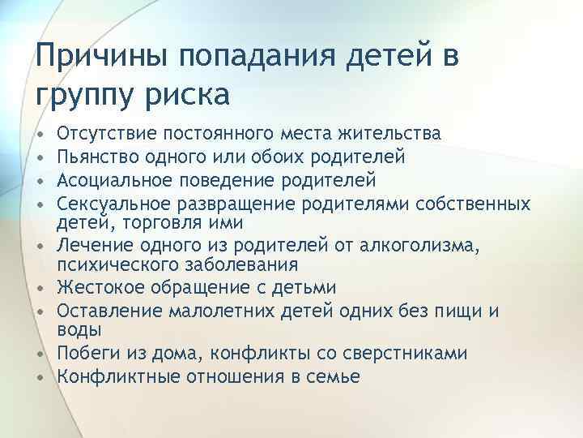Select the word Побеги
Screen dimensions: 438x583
coord(87,354)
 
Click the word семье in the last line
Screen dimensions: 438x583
coord(336,376)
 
